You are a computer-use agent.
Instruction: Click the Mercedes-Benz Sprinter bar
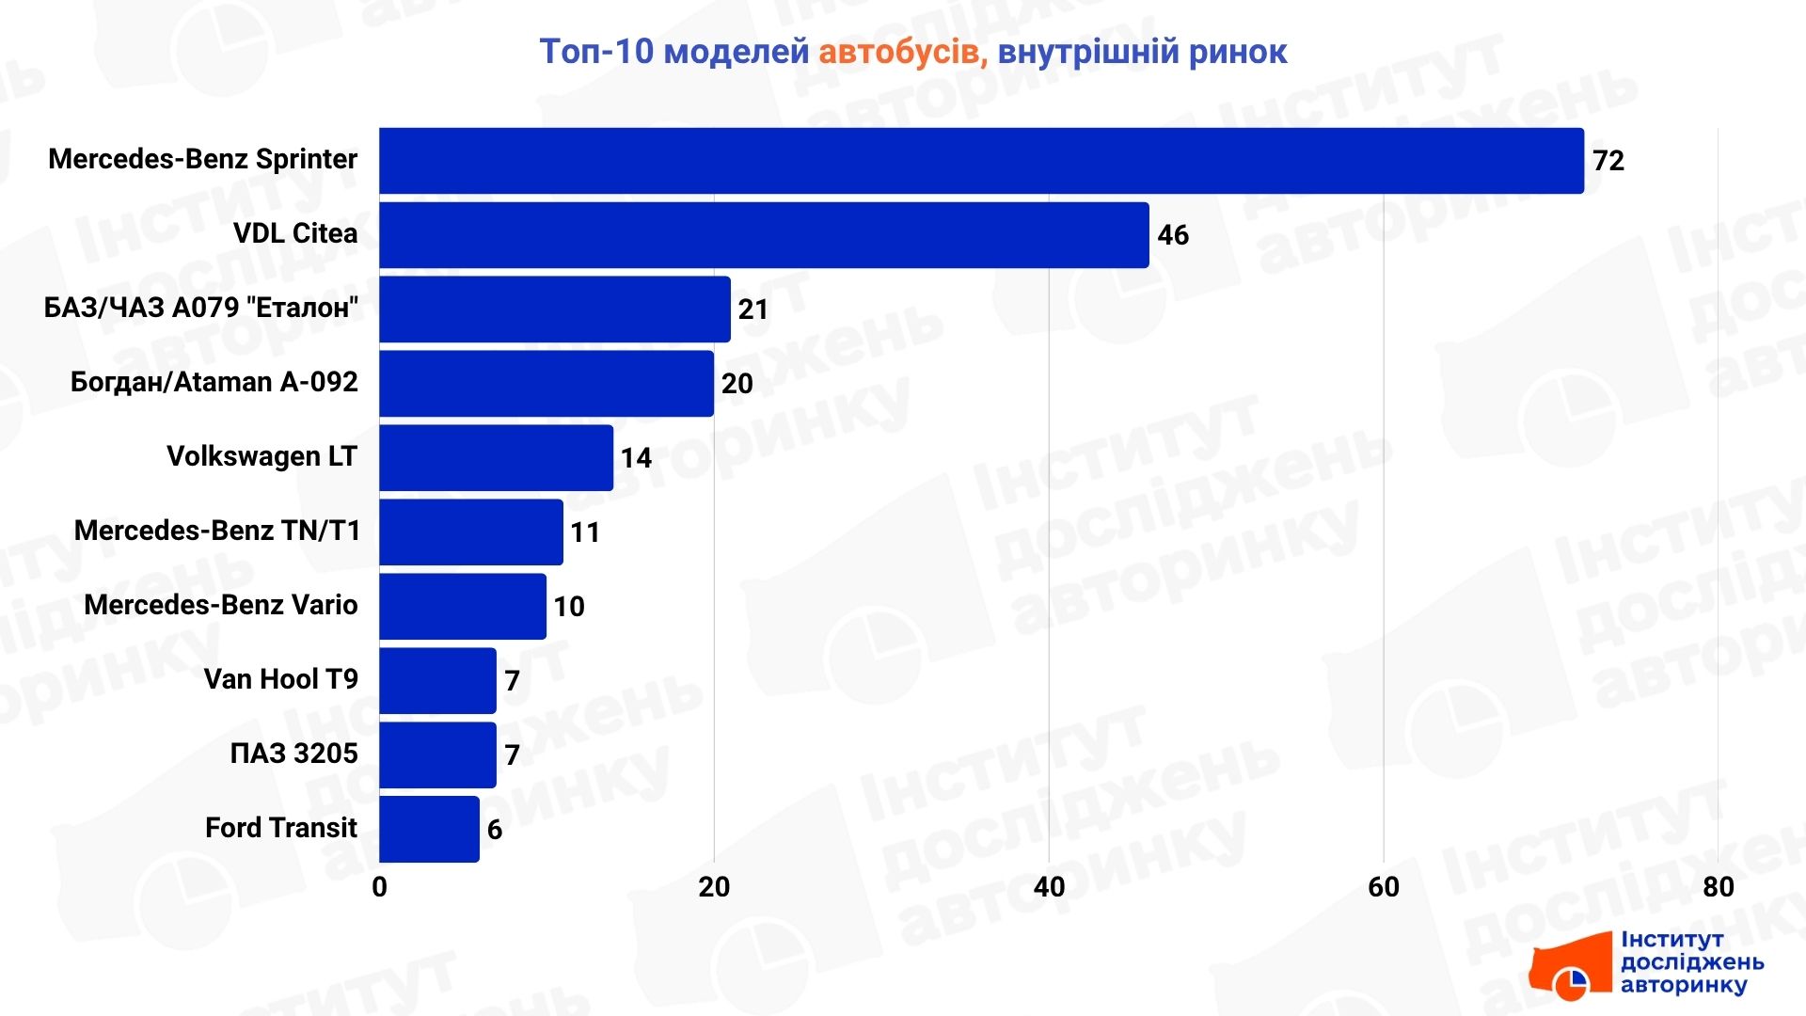[981, 161]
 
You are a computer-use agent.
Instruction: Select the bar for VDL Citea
[764, 235]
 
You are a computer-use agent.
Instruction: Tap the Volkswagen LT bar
[496, 458]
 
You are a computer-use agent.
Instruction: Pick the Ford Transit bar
[429, 830]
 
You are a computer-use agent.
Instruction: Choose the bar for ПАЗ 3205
[437, 755]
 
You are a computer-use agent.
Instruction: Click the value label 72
[1608, 161]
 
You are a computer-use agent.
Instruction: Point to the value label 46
[1173, 235]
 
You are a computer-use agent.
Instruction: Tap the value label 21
[753, 310]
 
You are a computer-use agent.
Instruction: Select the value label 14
[636, 458]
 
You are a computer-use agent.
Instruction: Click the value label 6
[495, 830]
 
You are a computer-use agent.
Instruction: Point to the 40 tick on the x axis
[1049, 887]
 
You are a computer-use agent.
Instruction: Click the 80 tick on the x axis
[1719, 887]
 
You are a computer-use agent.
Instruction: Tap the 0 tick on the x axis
[379, 887]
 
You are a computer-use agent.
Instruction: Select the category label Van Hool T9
[281, 679]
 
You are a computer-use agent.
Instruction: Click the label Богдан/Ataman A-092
[214, 382]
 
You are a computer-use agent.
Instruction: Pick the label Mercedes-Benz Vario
[221, 605]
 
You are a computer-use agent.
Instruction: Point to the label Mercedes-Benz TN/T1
[217, 531]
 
